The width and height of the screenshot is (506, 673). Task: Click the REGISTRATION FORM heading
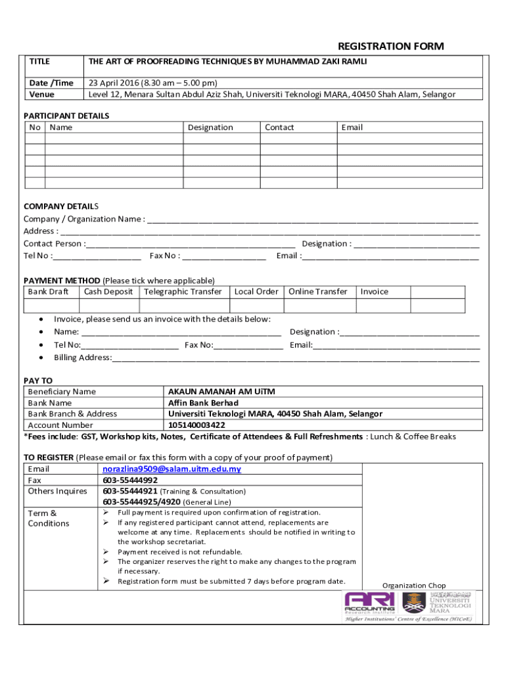(390, 46)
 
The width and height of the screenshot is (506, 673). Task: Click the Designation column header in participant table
(210, 128)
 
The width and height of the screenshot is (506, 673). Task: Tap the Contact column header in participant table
(279, 128)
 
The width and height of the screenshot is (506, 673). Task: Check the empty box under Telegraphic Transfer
(183, 306)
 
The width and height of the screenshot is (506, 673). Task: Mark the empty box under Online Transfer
(319, 306)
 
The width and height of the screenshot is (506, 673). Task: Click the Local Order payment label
(256, 292)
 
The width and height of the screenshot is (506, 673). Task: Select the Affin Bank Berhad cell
(203, 403)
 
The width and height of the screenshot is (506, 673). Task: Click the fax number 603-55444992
(130, 480)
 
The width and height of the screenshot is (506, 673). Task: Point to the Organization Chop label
(414, 586)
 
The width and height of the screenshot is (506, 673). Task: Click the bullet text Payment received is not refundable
(179, 552)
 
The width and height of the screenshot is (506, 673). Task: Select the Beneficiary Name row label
(62, 392)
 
